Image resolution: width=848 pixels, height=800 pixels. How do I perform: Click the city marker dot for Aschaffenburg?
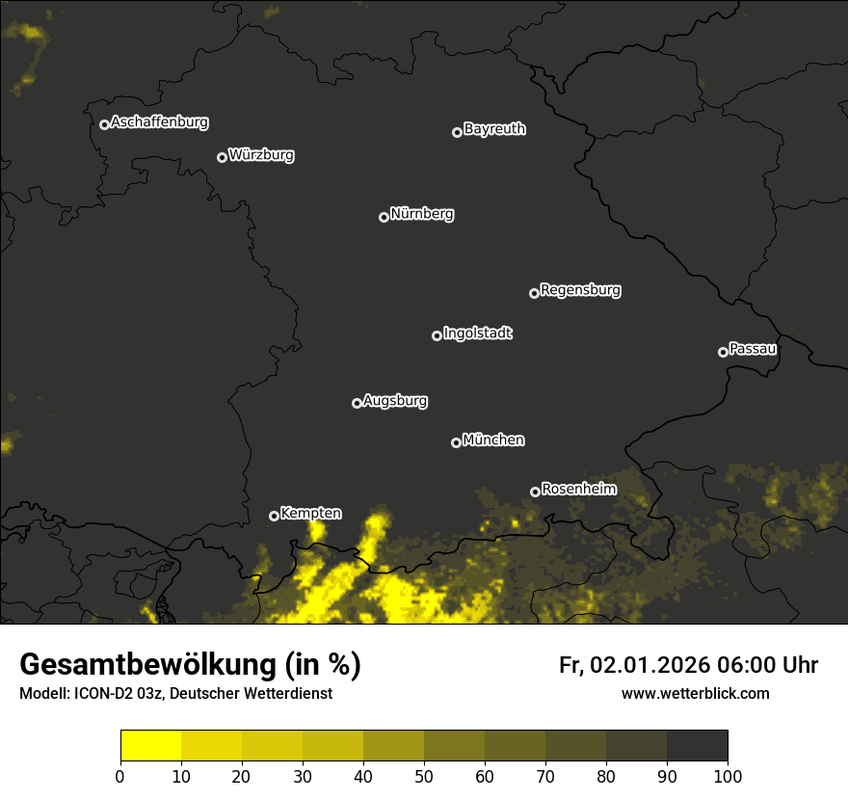click(104, 124)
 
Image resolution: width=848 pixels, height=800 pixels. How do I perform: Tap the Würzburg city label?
click(261, 155)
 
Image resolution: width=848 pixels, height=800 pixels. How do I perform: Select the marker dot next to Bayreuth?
click(457, 132)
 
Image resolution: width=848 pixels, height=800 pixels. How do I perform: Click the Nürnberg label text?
click(422, 214)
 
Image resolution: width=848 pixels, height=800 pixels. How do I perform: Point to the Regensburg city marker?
click(534, 293)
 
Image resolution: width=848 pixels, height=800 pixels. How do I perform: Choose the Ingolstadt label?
click(478, 333)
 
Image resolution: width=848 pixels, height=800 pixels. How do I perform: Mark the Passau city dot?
click(723, 352)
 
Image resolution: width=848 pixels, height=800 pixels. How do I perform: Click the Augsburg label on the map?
click(395, 401)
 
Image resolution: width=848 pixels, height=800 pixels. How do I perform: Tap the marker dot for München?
click(456, 443)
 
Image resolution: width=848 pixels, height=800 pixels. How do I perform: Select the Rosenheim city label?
click(578, 490)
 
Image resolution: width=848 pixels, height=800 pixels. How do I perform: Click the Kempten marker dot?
click(274, 516)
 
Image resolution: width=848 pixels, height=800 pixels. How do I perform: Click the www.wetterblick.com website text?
click(696, 693)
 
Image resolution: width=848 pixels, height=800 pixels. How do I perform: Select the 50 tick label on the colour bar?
click(424, 776)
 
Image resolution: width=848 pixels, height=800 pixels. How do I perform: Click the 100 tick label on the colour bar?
click(728, 776)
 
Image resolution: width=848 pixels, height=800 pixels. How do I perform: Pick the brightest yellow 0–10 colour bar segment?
click(151, 746)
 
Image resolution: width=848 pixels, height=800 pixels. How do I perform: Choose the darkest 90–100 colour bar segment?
click(697, 746)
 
